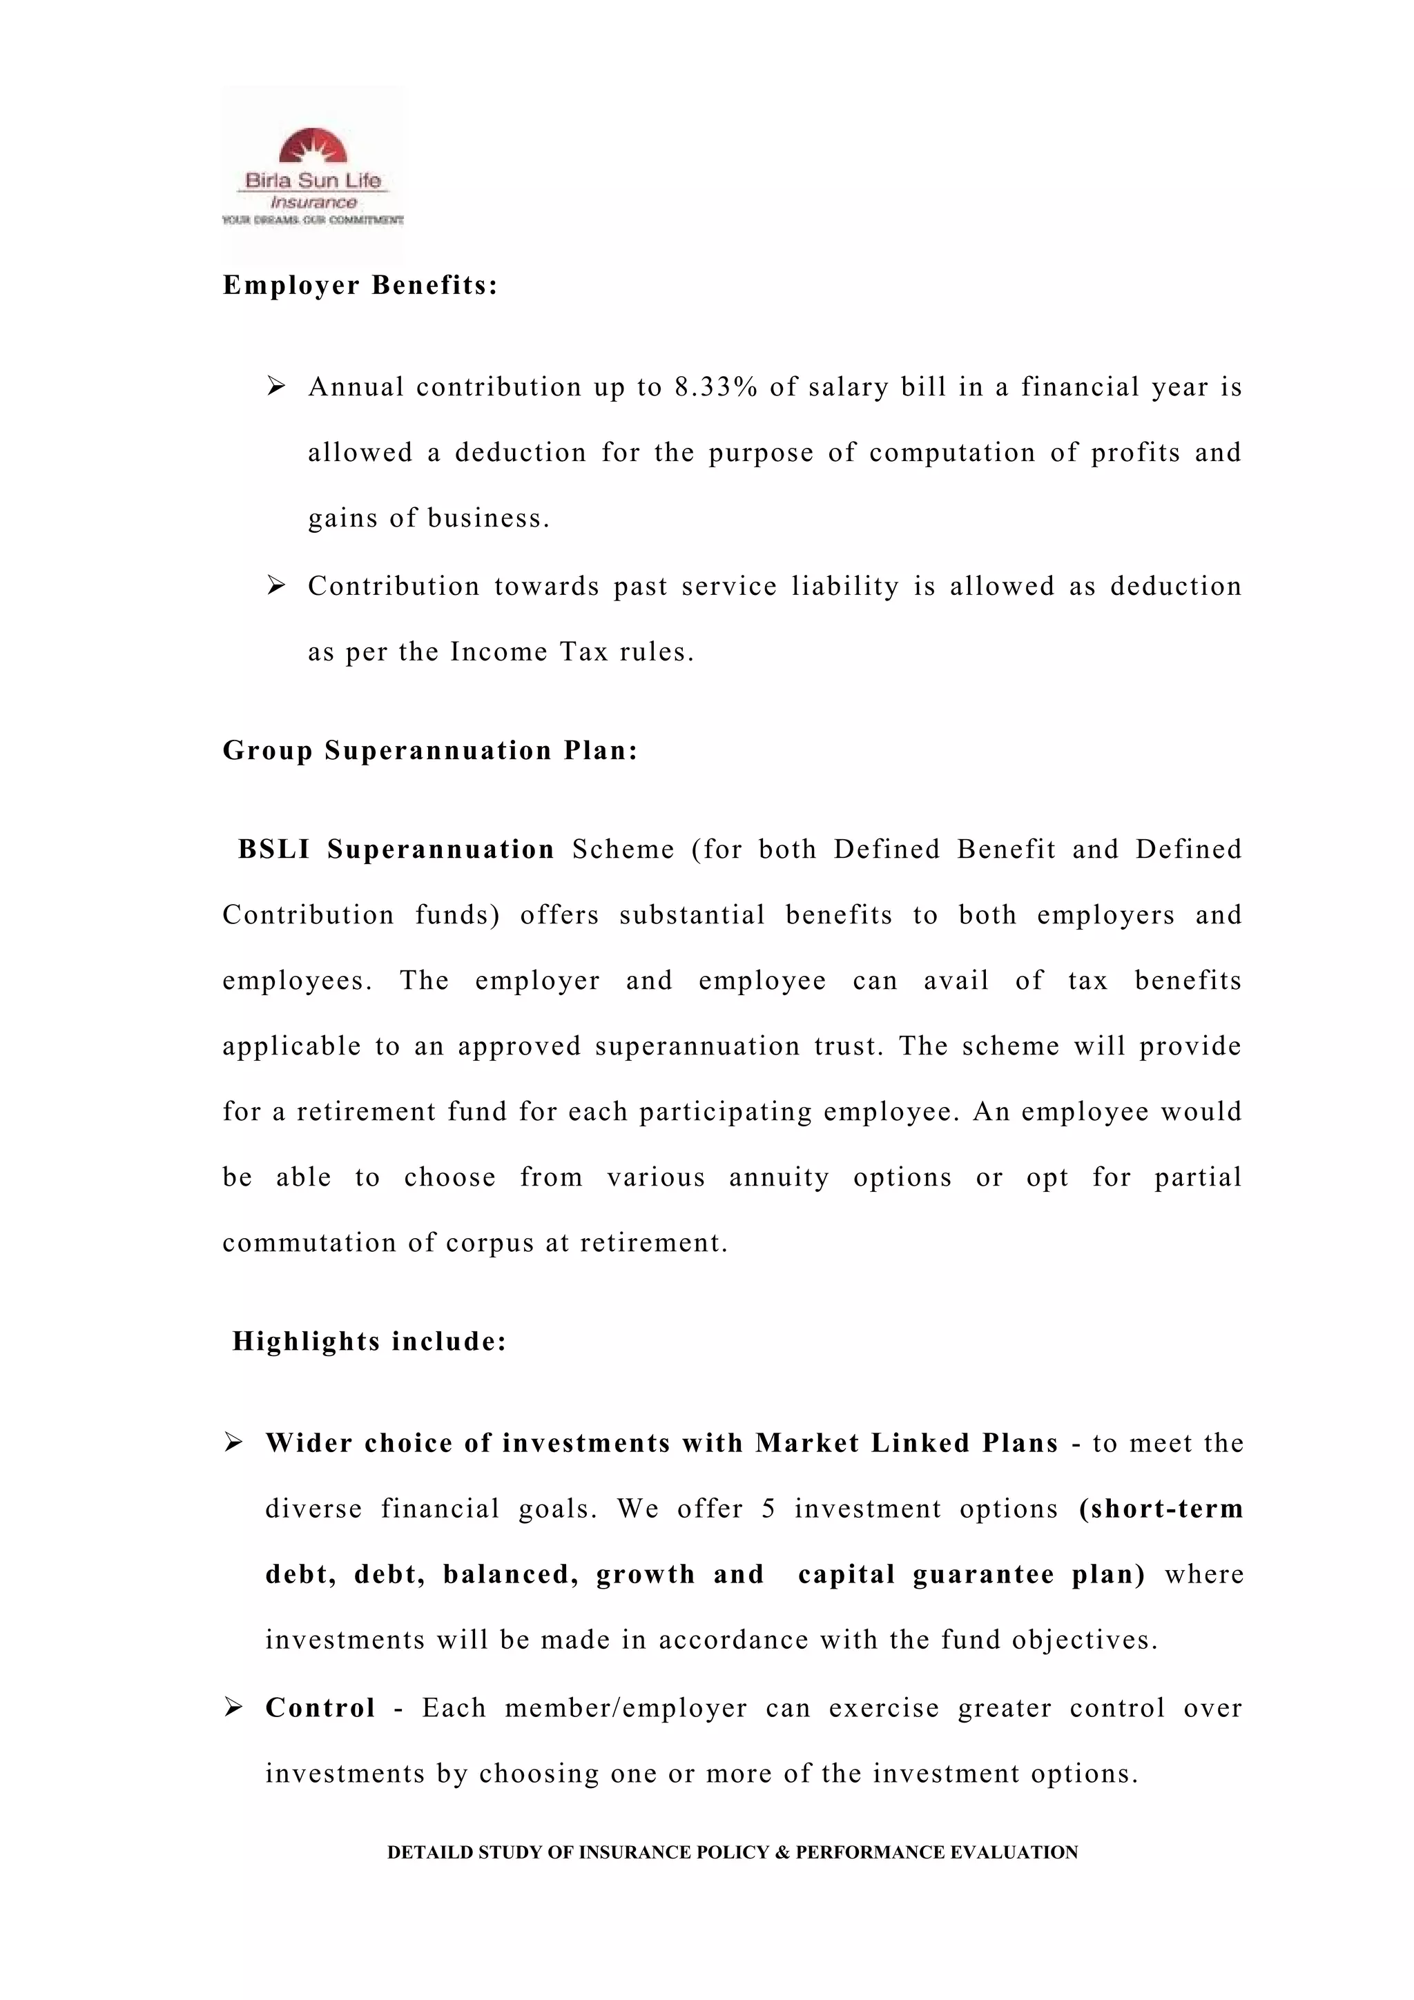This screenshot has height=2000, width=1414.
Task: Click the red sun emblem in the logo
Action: pyautogui.click(x=313, y=146)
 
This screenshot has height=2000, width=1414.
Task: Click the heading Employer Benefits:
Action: pyautogui.click(x=360, y=286)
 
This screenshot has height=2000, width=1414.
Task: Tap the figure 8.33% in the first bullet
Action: pyautogui.click(x=715, y=386)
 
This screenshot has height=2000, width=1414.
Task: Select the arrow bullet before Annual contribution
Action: pyautogui.click(x=276, y=385)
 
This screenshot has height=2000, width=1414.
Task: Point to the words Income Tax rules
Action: pyautogui.click(x=572, y=651)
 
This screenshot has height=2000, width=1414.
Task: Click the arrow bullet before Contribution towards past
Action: pyautogui.click(x=276, y=585)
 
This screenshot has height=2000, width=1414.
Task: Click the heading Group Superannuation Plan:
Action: pyautogui.click(x=430, y=750)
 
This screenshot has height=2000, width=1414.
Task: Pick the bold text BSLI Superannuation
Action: pyautogui.click(x=396, y=850)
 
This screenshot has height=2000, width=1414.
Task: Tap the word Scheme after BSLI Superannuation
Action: pyautogui.click(x=623, y=850)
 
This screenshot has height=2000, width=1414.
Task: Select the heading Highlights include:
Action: pyautogui.click(x=369, y=1342)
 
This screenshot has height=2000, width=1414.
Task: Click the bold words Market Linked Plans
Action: pyautogui.click(x=906, y=1443)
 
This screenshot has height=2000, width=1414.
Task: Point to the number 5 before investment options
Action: pyautogui.click(x=768, y=1509)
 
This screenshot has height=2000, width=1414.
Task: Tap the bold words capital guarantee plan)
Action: pyautogui.click(x=971, y=1575)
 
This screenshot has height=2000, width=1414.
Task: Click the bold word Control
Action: pyautogui.click(x=320, y=1708)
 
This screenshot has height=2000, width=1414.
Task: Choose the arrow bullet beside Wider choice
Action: pyautogui.click(x=233, y=1442)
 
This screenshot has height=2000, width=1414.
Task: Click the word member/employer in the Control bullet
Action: pyautogui.click(x=626, y=1708)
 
